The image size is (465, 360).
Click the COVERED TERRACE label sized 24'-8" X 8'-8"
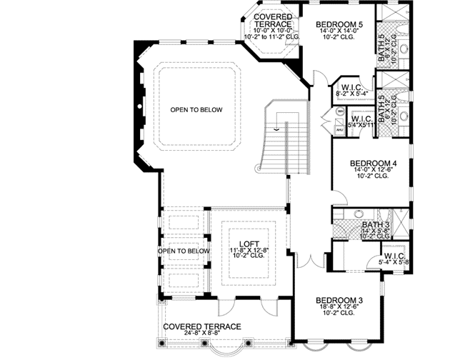coord(202,326)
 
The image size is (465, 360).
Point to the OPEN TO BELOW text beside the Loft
coord(184,251)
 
